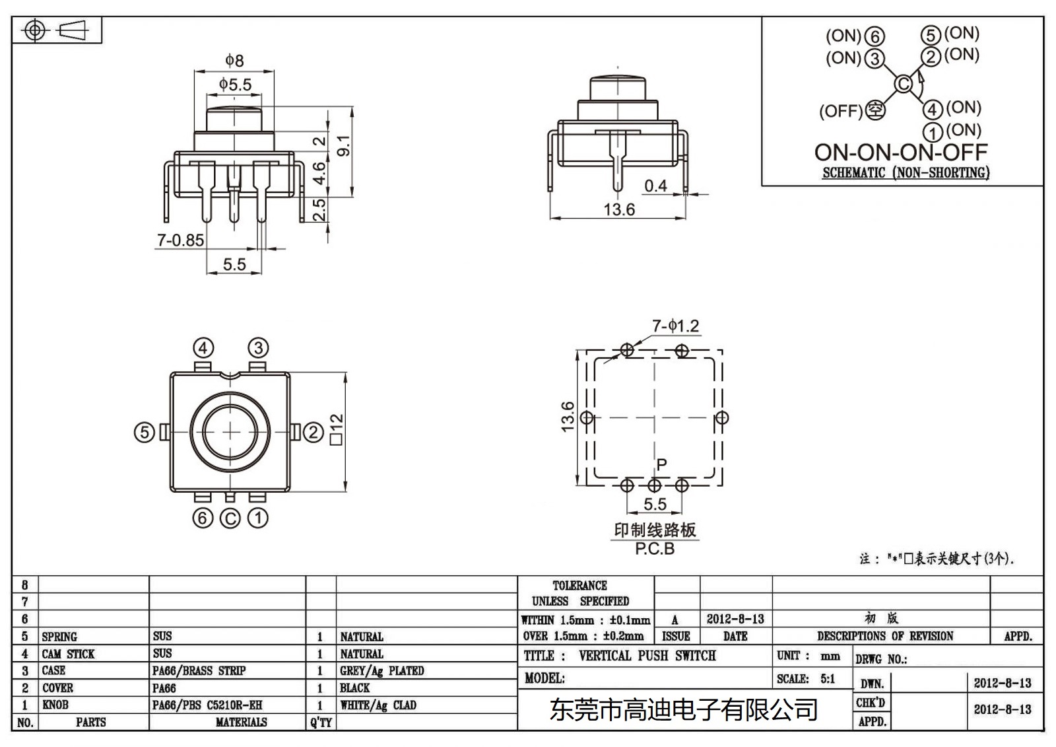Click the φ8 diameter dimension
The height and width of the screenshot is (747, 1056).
pos(234,61)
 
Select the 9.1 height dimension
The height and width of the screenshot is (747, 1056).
pos(343,146)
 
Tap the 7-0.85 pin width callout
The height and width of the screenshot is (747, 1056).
pos(180,240)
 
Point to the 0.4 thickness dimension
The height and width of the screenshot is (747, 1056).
pos(655,186)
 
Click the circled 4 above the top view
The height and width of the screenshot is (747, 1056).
pos(203,348)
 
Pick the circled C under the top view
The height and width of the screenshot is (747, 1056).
pos(230,518)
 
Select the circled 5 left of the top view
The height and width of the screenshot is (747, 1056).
pos(144,433)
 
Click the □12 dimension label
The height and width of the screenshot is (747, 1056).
pos(336,429)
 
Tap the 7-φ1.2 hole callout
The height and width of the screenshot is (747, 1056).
pos(675,326)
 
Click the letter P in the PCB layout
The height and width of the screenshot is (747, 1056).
pos(662,464)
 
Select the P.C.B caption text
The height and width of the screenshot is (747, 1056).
pos(655,549)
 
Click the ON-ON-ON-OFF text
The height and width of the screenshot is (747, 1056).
pos(901,153)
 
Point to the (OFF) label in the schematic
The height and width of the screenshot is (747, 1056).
pos(840,111)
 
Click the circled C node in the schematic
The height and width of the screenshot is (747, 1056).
pos(903,85)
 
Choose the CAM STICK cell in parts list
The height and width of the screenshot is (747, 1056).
pos(69,654)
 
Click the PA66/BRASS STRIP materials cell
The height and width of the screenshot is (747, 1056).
pos(199,670)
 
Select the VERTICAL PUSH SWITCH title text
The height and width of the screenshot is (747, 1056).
pos(647,656)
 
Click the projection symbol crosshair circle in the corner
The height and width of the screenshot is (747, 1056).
pos(35,30)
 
